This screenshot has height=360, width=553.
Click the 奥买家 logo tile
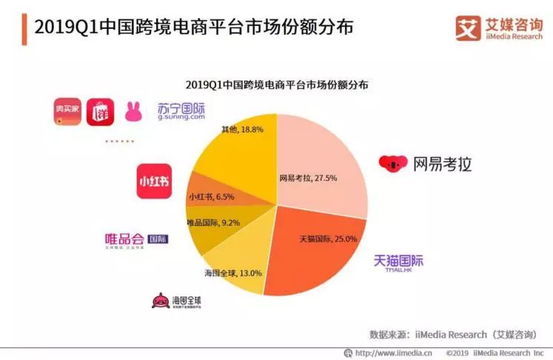coord(67,111)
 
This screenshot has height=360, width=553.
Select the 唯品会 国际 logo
coord(136,239)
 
